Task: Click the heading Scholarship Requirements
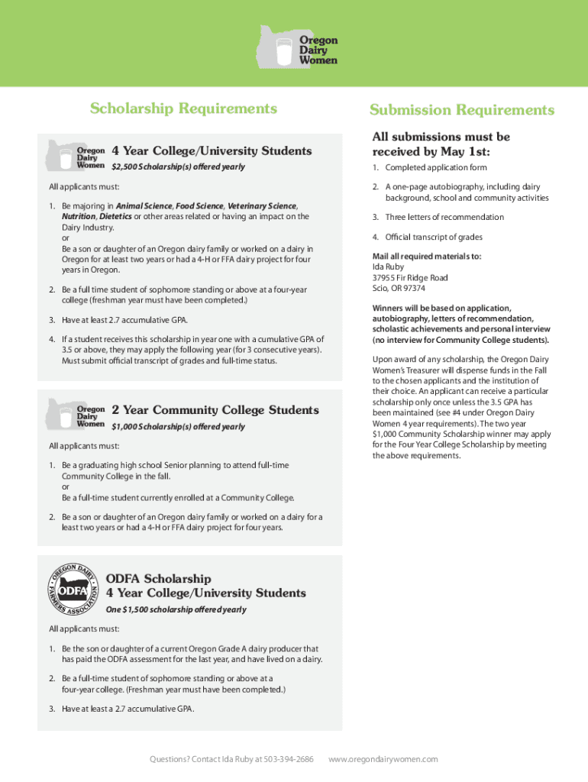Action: (x=183, y=108)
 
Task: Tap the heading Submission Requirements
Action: (x=462, y=111)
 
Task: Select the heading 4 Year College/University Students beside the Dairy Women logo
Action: (x=212, y=151)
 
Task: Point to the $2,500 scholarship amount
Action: (x=126, y=167)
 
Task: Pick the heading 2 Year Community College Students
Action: (x=215, y=411)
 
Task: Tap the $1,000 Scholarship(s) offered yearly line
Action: (x=178, y=427)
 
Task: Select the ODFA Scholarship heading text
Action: (x=158, y=579)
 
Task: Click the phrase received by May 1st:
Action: (x=431, y=151)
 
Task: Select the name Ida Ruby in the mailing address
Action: (x=388, y=267)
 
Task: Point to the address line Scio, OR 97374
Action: (x=399, y=289)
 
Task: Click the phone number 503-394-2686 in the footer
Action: (x=288, y=759)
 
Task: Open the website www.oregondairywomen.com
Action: (x=383, y=759)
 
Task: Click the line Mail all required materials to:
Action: (x=426, y=257)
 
